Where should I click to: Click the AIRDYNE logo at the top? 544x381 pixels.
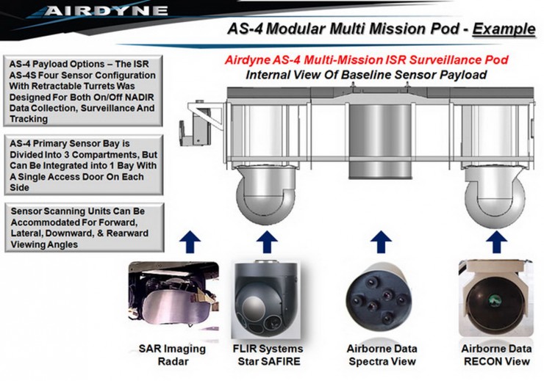(x=106, y=11)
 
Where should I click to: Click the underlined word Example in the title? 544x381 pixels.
(x=504, y=29)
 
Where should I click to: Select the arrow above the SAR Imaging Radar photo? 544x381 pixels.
(x=190, y=242)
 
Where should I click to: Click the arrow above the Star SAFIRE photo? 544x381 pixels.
(x=267, y=242)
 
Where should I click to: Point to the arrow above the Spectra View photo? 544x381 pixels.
(x=381, y=242)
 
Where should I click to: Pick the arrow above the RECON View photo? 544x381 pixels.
(x=496, y=242)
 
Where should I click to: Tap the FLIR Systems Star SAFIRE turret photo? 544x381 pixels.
(x=266, y=300)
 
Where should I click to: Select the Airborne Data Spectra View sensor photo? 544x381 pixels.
(x=379, y=298)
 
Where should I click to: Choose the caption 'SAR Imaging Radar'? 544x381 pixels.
(x=173, y=355)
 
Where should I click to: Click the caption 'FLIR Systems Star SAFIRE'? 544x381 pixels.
(x=268, y=355)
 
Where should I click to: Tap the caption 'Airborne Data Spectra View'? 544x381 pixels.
(x=382, y=355)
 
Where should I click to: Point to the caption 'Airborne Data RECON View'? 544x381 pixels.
(x=496, y=355)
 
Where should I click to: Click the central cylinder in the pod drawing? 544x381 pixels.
(x=380, y=142)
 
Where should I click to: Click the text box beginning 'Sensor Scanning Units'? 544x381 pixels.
(x=85, y=228)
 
